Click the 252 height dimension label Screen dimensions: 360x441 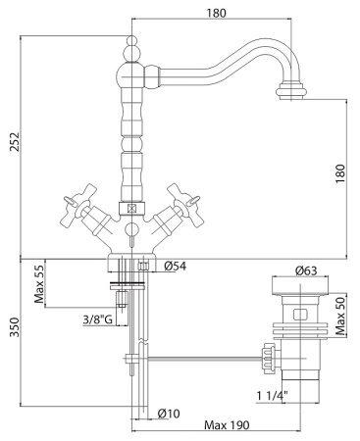tap(15, 141)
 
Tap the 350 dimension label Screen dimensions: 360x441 tap(15, 327)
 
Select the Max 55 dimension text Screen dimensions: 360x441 tap(39, 283)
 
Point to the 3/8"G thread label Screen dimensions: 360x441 tap(97, 319)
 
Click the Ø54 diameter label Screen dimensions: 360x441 tap(176, 267)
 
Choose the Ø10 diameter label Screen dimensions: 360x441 tap(169, 414)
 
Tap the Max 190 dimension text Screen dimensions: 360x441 tap(227, 425)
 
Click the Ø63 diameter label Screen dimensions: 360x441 tap(306, 270)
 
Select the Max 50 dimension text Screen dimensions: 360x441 tap(340, 317)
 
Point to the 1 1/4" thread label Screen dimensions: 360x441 tap(272, 396)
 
